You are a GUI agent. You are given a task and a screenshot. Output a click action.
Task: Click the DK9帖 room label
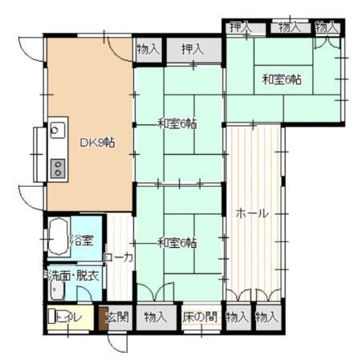pos(98,143)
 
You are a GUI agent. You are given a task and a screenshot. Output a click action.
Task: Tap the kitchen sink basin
pos(58,130)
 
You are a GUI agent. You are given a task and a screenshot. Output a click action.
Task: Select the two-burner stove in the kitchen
pos(58,168)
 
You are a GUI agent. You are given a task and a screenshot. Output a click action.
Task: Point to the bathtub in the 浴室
pos(59,237)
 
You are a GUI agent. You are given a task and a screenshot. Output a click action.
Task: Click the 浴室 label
pos(82,240)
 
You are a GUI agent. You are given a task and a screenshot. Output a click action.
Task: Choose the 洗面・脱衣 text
pos(74,276)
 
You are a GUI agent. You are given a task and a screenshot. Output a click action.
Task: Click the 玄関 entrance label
pos(117,318)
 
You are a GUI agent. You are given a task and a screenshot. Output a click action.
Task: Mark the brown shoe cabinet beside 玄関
pos(102,318)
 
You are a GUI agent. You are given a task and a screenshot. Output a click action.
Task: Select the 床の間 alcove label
pos(200,318)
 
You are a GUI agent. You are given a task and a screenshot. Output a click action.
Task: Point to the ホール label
pos(252,213)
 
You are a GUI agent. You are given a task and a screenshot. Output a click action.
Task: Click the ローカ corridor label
pos(119,257)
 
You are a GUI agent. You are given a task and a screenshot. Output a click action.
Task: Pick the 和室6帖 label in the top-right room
pos(282,79)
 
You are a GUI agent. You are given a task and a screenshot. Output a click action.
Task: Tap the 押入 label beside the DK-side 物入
pos(193,49)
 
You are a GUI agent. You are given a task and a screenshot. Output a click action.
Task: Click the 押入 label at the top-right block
pos(240,27)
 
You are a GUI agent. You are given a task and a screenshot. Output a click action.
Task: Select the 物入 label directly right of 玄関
pos(156,318)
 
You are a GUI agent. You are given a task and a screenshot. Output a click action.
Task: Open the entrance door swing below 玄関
pos(118,343)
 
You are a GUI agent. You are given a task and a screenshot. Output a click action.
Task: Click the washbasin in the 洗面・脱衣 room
pos(57,290)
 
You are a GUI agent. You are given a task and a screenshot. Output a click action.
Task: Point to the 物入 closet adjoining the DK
pos(148,49)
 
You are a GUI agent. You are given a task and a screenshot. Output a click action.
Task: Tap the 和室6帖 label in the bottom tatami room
pos(177,243)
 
